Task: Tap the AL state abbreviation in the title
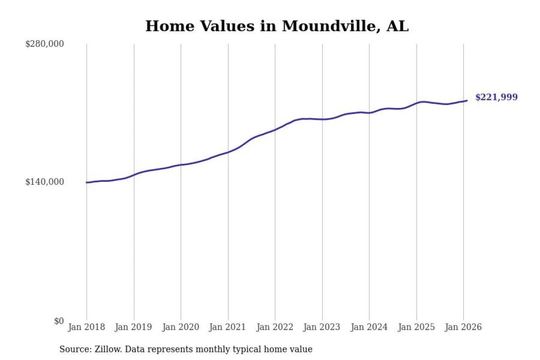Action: pos(397,26)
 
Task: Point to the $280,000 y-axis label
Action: pos(45,44)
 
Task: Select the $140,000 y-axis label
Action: pos(45,182)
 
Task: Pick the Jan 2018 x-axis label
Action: pos(87,327)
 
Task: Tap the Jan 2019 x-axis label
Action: pos(134,327)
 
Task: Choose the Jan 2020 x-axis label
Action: pos(181,327)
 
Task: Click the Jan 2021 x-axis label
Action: pos(228,327)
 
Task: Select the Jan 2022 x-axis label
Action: pos(275,327)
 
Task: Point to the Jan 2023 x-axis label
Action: pos(322,327)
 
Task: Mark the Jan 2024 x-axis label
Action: pos(369,327)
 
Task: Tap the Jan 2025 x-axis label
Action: pos(416,327)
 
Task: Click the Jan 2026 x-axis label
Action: pos(463,327)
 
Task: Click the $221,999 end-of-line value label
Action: pos(496,97)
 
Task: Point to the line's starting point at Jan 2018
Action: pos(87,182)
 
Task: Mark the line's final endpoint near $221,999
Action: pos(467,100)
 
